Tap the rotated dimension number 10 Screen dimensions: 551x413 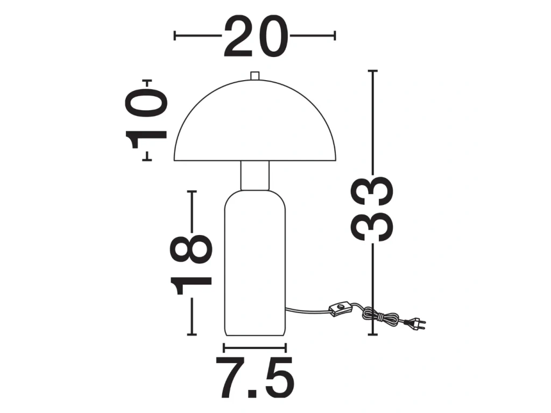tap(146, 119)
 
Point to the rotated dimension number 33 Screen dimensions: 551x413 tap(372, 209)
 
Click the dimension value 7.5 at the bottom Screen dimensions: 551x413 tap(255, 377)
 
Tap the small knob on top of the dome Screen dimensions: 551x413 tap(255, 76)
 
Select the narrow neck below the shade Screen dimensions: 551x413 tap(255, 176)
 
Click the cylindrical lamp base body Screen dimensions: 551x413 tap(255, 263)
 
